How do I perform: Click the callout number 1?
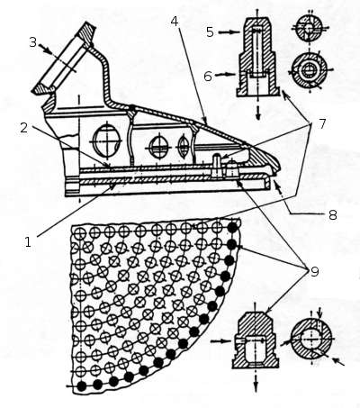point(28,242)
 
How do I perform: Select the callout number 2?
point(24,127)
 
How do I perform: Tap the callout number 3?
point(33,42)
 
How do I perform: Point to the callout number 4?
point(175,22)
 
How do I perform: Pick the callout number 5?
point(210,32)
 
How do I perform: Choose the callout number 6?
point(208,77)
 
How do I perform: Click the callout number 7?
point(322,123)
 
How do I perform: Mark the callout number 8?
point(333,215)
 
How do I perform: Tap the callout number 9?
point(314,272)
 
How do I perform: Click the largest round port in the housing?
point(106,141)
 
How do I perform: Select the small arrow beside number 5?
point(229,32)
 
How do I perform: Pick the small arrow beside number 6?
point(227,74)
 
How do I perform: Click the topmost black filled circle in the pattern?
point(232,228)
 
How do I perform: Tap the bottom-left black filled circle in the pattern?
point(81,385)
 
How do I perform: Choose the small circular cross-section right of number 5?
point(309,28)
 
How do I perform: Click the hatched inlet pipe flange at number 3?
point(65,59)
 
